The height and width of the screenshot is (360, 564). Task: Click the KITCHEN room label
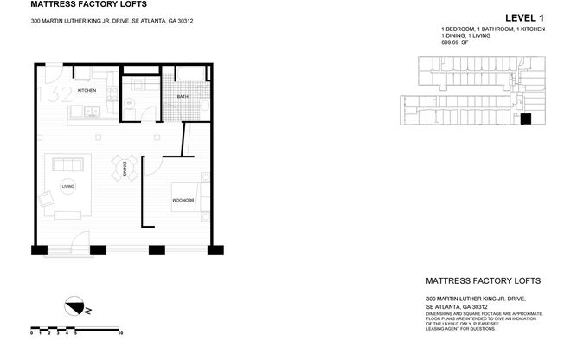tap(86, 90)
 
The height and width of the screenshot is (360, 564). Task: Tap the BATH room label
tap(183, 96)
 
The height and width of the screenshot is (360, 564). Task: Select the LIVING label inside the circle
tap(67, 185)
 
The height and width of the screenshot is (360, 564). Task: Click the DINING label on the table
tap(125, 167)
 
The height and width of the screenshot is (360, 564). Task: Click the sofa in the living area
tap(66, 164)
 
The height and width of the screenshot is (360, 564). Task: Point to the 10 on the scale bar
tap(120, 332)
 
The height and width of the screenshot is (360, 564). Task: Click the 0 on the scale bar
tap(31, 332)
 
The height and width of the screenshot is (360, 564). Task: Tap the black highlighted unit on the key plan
tap(524, 120)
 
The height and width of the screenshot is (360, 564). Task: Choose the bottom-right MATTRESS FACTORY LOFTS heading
tap(484, 281)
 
